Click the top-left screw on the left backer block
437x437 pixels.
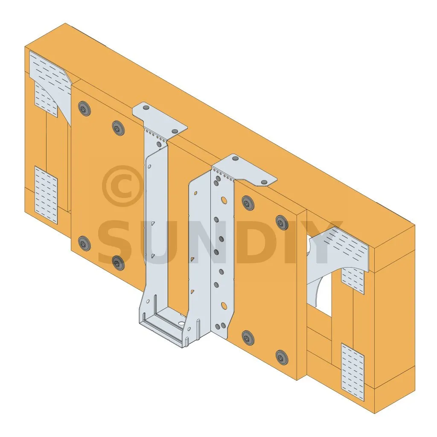84,108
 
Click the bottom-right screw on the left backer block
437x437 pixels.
119,262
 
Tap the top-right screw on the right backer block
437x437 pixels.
282,222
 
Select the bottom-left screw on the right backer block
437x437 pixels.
248,338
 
